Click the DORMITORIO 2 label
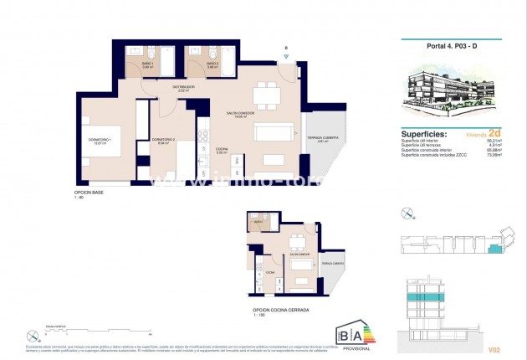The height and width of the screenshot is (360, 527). pyautogui.click(x=162, y=140)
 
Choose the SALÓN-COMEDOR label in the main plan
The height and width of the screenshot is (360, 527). pyautogui.click(x=240, y=115)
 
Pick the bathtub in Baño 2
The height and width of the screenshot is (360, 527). pyautogui.click(x=228, y=61)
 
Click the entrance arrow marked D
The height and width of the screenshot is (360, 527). pyautogui.click(x=286, y=54)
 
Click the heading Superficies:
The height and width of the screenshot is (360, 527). pyautogui.click(x=424, y=133)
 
